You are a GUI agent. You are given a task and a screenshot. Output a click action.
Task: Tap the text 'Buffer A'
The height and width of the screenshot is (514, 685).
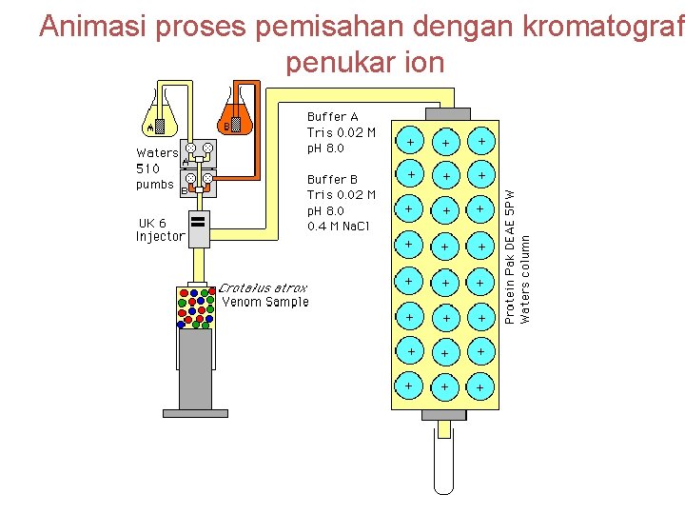click(326, 117)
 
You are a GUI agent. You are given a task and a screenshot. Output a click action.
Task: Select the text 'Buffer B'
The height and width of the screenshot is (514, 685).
click(326, 179)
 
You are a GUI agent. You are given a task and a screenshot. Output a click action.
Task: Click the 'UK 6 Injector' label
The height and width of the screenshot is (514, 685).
click(159, 229)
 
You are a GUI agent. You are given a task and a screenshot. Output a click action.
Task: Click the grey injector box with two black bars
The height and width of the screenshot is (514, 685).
click(199, 229)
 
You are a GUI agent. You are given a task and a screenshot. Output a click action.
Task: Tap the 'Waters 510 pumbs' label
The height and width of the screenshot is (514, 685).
click(156, 168)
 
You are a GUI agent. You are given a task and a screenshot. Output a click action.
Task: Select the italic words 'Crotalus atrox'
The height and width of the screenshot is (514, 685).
click(264, 287)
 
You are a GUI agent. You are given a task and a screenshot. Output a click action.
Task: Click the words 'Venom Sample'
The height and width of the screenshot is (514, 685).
click(265, 302)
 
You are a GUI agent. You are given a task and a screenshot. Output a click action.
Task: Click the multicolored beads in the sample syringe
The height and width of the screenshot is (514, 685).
click(195, 306)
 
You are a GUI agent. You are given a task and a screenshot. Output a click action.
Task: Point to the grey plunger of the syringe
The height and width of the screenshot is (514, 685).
click(195, 366)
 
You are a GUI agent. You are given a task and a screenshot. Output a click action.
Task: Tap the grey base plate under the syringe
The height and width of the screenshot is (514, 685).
click(195, 413)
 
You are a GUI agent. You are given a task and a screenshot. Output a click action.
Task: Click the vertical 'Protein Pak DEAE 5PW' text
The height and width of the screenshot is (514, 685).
click(510, 257)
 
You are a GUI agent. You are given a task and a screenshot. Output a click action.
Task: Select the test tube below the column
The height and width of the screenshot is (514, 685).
click(443, 462)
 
